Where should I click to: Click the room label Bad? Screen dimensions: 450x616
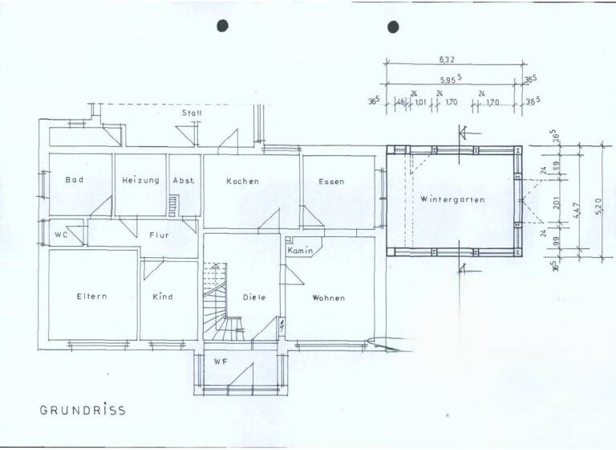coord(75,181)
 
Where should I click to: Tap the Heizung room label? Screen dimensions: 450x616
coord(140,181)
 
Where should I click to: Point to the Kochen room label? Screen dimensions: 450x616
coord(242,182)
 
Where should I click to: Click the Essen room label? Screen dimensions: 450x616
coord(330,182)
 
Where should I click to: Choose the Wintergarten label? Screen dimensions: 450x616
coord(452,199)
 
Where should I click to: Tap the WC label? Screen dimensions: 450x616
coord(60,235)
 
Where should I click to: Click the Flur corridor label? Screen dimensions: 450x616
coord(159,235)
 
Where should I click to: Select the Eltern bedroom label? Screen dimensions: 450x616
coord(91,297)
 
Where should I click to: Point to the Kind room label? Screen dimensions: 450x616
coord(163,297)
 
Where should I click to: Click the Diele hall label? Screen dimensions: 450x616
coord(254,297)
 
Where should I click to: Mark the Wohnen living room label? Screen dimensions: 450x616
coord(329,298)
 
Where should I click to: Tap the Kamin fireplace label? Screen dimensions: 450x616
coord(299,252)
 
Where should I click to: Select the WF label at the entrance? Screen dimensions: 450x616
coord(221,362)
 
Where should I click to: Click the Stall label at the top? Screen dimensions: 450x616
coord(191,113)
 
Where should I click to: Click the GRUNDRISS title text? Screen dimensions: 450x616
coord(83,410)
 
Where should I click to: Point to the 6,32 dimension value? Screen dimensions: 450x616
coord(448,59)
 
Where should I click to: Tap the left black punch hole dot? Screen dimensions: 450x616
coord(223,26)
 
